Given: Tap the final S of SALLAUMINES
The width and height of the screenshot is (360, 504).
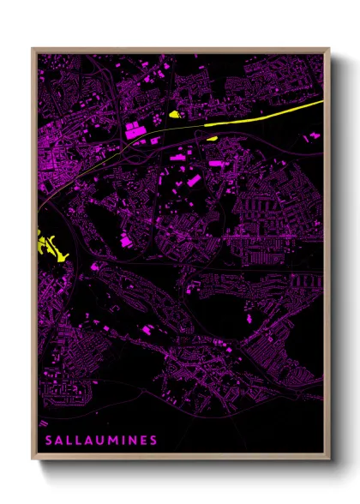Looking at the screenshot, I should (x=153, y=441).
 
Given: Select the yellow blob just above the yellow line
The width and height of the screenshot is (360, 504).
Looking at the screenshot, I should (x=175, y=113).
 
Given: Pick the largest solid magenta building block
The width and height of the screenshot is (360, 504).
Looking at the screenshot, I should (x=135, y=131).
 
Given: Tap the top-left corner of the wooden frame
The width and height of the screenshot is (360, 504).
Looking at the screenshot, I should (x=33, y=49).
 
